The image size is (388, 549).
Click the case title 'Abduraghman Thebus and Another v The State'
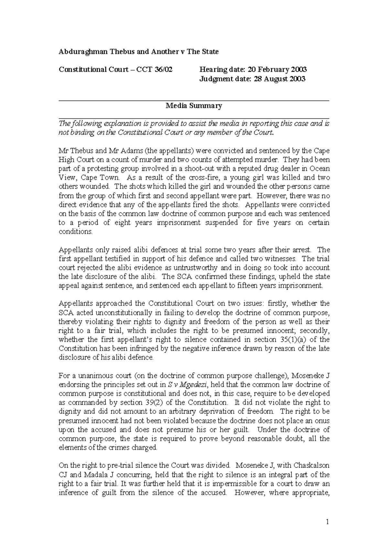138,52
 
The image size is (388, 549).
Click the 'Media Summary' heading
194,106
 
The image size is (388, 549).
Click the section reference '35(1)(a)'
296,340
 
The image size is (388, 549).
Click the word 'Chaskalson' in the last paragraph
311,466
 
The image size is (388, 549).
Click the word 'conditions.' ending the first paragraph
75,232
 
